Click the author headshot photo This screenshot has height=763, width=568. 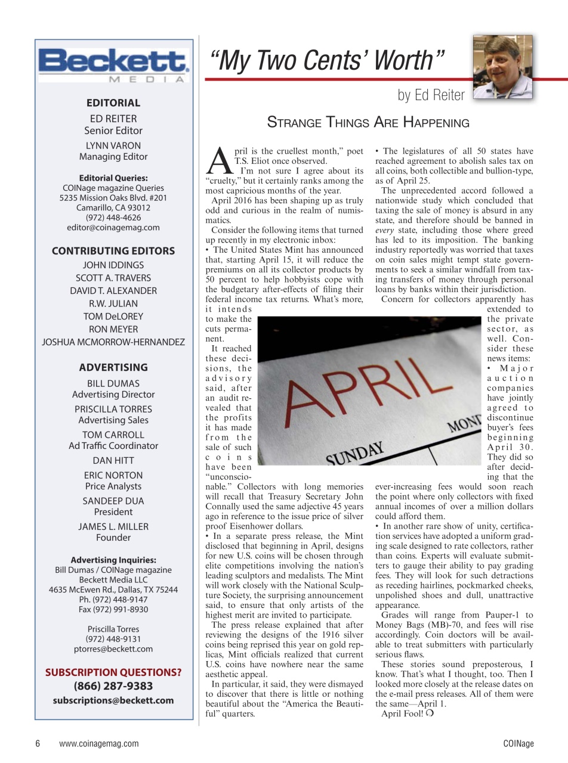tap(502, 67)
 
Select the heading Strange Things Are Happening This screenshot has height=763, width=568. tap(368, 123)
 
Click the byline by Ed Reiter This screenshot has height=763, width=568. tap(431, 95)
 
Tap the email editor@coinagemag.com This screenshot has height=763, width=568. tap(113, 227)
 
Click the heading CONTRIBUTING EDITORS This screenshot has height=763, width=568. tap(113, 251)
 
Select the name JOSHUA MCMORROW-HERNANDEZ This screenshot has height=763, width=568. tap(113, 342)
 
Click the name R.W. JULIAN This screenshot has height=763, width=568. tap(113, 303)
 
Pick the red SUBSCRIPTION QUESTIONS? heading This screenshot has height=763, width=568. tap(113, 672)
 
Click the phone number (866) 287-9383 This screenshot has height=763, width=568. tap(113, 686)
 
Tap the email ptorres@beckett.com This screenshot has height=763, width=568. tap(113, 649)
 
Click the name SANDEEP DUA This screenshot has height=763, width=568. tap(113, 501)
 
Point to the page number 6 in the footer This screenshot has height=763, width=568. tap(38, 743)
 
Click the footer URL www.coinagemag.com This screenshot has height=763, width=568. tap(99, 743)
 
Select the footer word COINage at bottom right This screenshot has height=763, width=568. tap(518, 743)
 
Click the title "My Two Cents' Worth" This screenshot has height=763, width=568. tap(327, 61)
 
